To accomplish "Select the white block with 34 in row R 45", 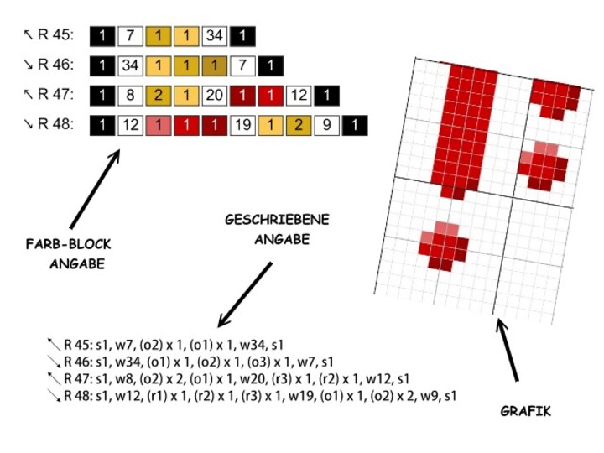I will (x=214, y=36).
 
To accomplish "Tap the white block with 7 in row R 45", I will (x=129, y=36).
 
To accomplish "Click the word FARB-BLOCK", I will (x=68, y=245).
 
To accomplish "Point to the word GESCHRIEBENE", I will (x=277, y=220).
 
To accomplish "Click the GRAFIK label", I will (x=526, y=412).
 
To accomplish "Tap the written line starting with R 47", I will (x=234, y=378).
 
